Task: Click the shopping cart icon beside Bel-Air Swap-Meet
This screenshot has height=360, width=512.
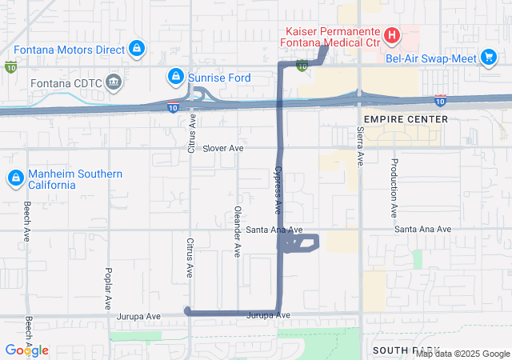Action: [489, 57]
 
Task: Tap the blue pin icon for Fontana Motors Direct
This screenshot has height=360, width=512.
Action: [137, 49]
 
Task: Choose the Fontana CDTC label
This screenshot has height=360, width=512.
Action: [65, 81]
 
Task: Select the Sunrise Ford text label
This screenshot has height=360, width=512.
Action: [219, 78]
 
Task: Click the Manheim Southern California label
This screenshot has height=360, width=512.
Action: [75, 179]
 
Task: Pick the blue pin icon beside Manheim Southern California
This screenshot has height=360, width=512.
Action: [14, 178]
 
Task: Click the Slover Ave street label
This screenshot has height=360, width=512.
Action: [222, 148]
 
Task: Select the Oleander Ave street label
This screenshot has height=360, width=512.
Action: [237, 232]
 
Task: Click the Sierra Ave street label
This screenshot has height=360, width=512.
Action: [360, 146]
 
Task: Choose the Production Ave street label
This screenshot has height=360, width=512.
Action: [394, 188]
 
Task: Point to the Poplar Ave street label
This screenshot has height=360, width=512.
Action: [108, 289]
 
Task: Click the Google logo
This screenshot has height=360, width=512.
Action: [27, 350]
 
